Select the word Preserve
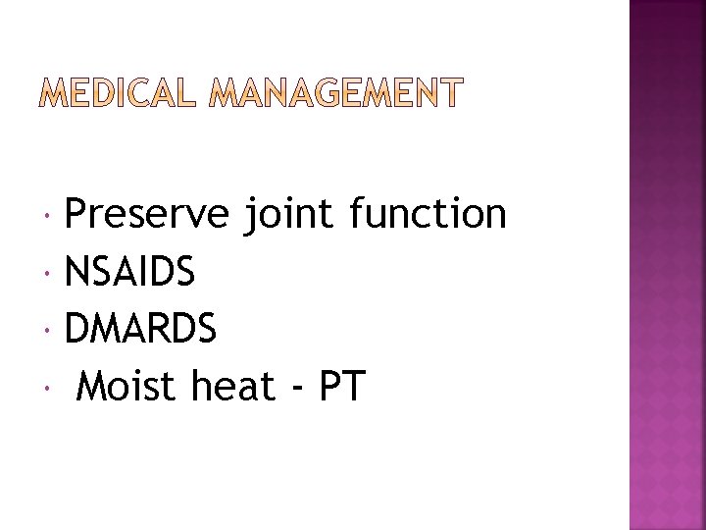(146, 214)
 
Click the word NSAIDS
(129, 272)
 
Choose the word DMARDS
(140, 330)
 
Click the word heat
(233, 387)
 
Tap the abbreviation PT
(341, 387)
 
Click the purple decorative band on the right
(667, 265)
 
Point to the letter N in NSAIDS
(76, 272)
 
